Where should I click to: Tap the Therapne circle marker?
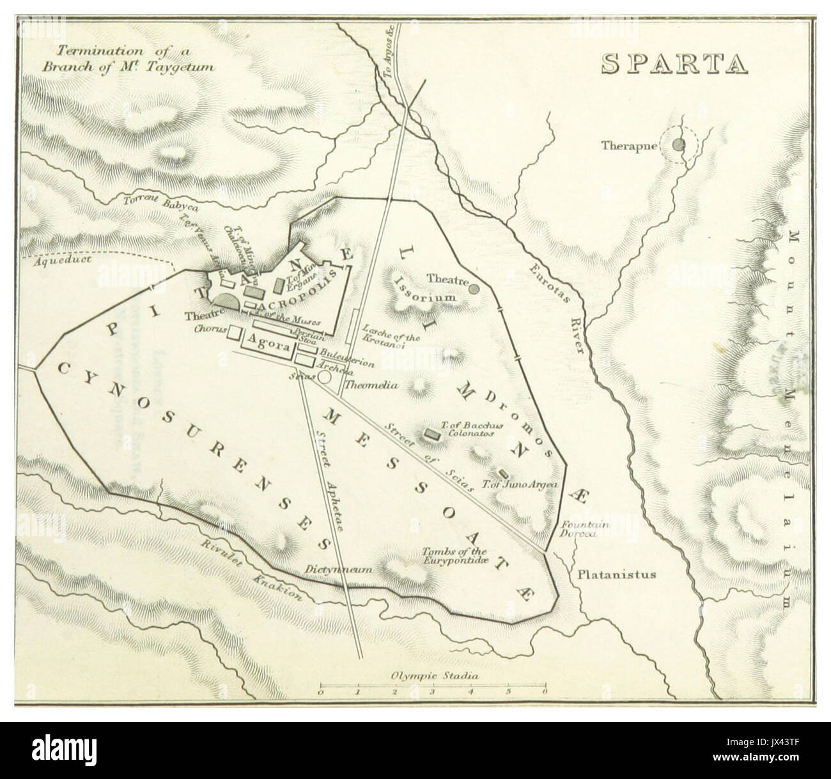(679, 145)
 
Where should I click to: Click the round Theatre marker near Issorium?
(474, 288)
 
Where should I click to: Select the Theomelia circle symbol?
(325, 377)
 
